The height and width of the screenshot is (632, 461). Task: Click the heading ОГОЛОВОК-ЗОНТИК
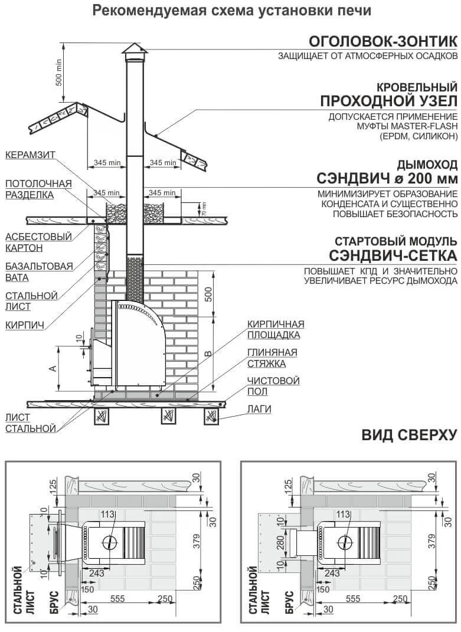pyautogui.click(x=383, y=41)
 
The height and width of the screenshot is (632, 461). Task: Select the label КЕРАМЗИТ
pyautogui.click(x=30, y=155)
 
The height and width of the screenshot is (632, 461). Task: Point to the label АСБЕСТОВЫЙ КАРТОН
pyautogui.click(x=38, y=242)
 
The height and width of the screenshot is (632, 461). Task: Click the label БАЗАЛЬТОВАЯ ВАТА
pyautogui.click(x=39, y=271)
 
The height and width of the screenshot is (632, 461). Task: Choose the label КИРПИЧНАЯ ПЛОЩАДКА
pyautogui.click(x=276, y=329)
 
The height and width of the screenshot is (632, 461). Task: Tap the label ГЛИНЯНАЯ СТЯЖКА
pyautogui.click(x=272, y=358)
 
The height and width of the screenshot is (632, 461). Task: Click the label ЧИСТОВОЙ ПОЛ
pyautogui.click(x=273, y=386)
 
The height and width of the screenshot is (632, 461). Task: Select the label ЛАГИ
pyautogui.click(x=259, y=409)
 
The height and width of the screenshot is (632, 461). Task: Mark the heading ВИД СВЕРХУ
pyautogui.click(x=409, y=435)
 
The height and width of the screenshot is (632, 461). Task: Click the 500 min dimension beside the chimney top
pyautogui.click(x=58, y=72)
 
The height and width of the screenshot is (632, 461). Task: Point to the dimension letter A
pyautogui.click(x=53, y=368)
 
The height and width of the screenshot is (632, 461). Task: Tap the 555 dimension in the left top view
pyautogui.click(x=117, y=598)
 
